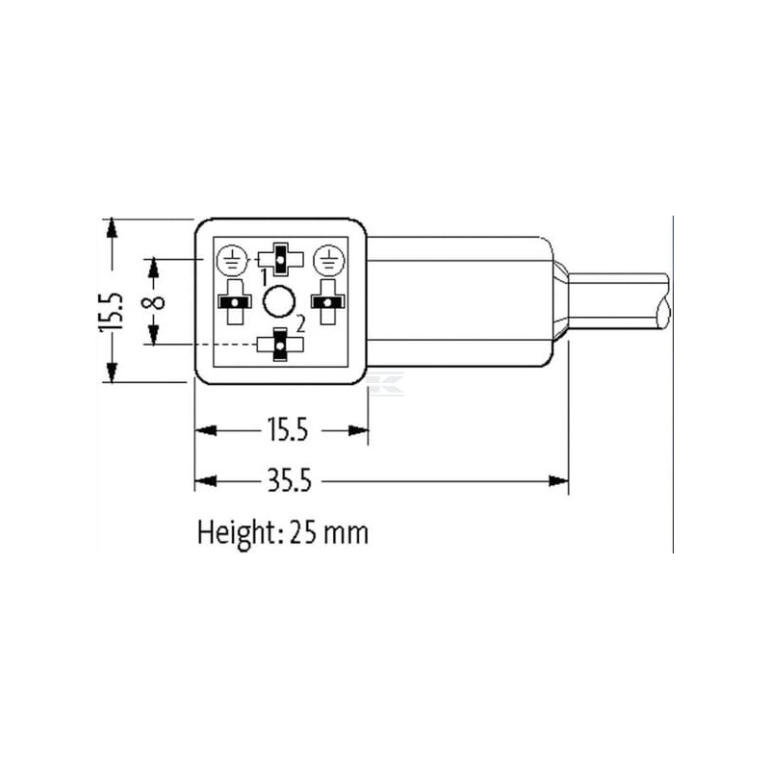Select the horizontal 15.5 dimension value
pyautogui.click(x=288, y=429)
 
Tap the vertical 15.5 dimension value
pyautogui.click(x=111, y=311)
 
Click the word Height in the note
pyautogui.click(x=236, y=534)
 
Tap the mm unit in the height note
pyautogui.click(x=346, y=535)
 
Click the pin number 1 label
pyautogui.click(x=264, y=277)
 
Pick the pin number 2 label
pyautogui.click(x=300, y=324)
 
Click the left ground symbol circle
pyautogui.click(x=232, y=260)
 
